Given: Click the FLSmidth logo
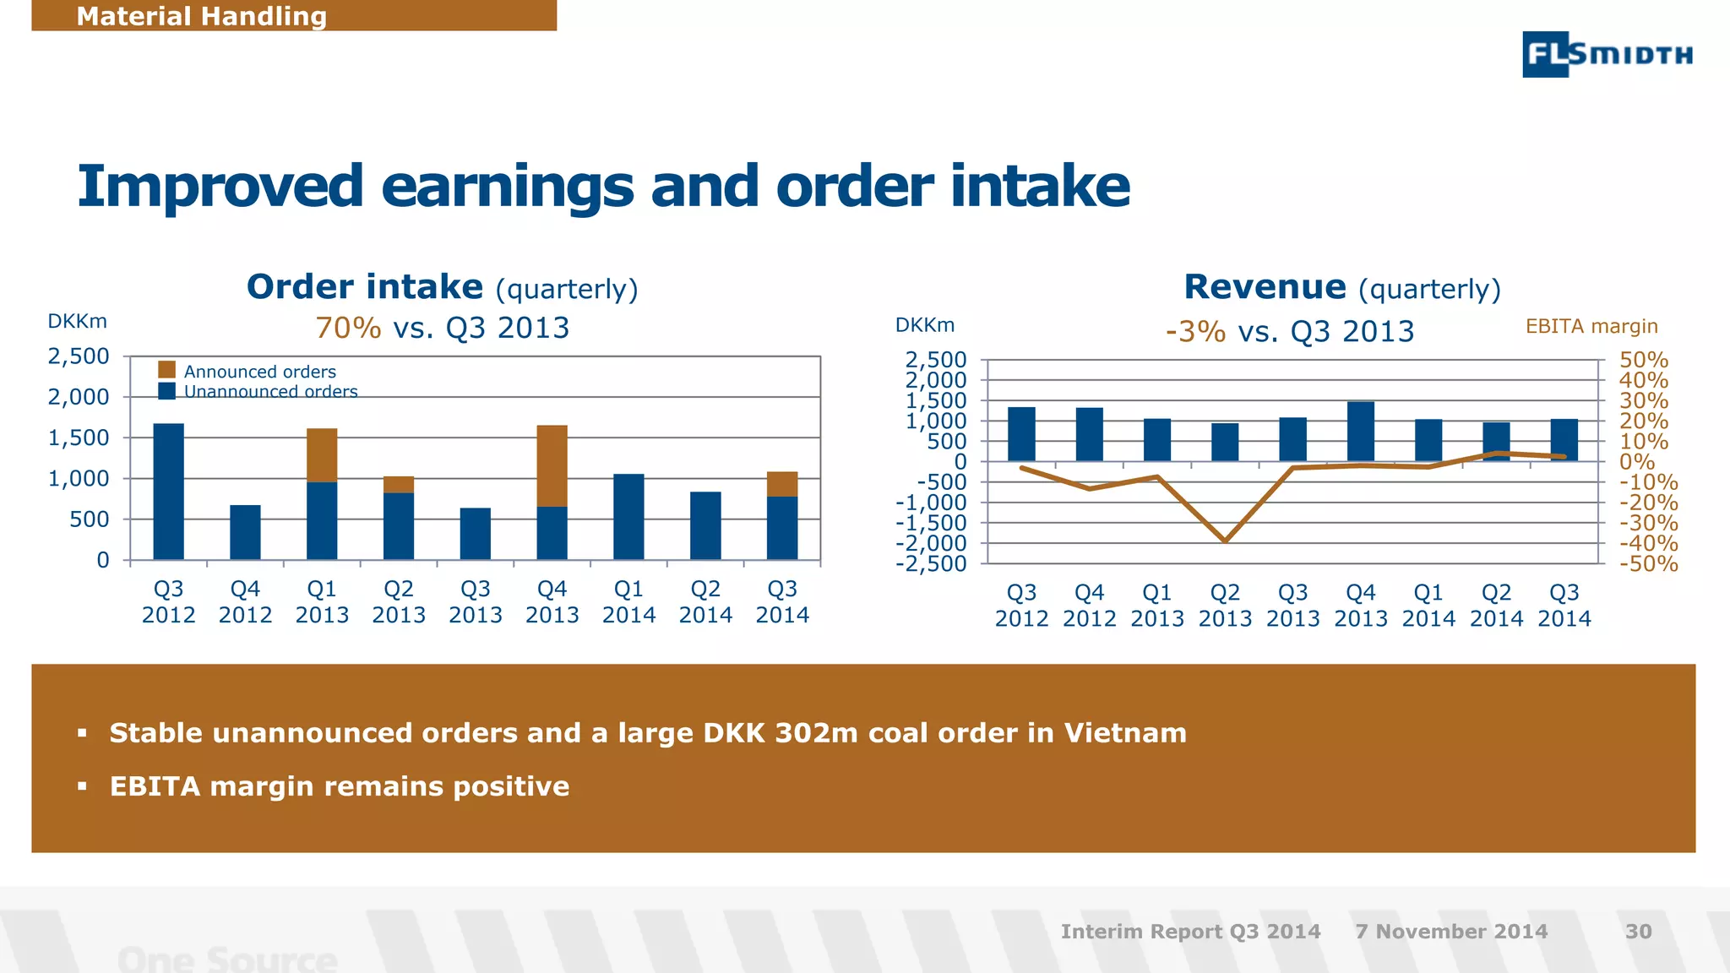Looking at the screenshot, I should click(1607, 54).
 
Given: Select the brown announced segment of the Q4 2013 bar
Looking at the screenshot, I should click(552, 465).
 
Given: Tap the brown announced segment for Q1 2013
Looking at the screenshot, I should click(322, 455).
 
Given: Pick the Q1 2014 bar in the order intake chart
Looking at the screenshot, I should click(628, 516).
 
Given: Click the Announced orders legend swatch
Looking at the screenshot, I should click(167, 370).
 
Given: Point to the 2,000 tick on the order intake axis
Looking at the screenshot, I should click(79, 397).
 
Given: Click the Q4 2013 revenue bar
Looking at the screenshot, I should click(1360, 431).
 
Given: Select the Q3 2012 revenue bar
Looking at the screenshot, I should click(1021, 434).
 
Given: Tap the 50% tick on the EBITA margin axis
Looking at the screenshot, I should click(1643, 361).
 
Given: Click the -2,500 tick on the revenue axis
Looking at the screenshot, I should click(931, 563).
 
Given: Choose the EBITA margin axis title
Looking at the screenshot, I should click(1591, 326).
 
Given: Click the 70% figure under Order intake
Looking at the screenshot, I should click(348, 328).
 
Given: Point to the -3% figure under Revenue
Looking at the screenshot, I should click(1195, 331).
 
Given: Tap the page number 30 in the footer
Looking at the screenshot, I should click(1638, 932).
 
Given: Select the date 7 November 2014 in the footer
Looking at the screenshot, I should click(1451, 932).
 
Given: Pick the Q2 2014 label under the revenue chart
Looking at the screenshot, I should click(1496, 606).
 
